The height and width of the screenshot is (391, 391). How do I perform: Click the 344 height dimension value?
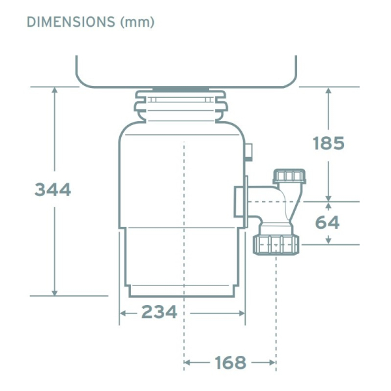[53, 190]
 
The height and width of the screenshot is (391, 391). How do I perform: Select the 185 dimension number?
[328, 143]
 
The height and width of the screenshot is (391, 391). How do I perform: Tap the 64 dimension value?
[327, 222]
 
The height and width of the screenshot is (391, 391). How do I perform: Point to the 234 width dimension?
[159, 311]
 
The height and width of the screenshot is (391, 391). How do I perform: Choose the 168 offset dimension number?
[231, 362]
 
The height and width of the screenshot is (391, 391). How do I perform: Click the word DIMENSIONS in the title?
[71, 22]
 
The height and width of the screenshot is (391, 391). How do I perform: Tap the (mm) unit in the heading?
[138, 22]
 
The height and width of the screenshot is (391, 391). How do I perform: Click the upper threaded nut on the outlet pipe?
[289, 177]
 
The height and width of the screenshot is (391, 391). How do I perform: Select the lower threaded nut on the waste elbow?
[276, 245]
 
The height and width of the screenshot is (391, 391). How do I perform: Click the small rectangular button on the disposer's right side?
[249, 152]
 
